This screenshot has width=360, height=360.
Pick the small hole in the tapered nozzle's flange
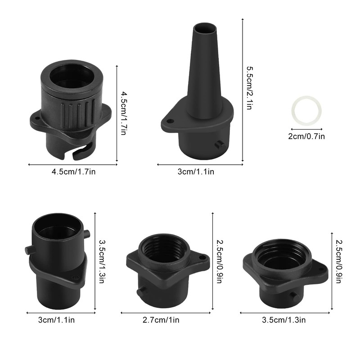[169, 120]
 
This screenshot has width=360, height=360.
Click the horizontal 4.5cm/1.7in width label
[73, 171]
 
